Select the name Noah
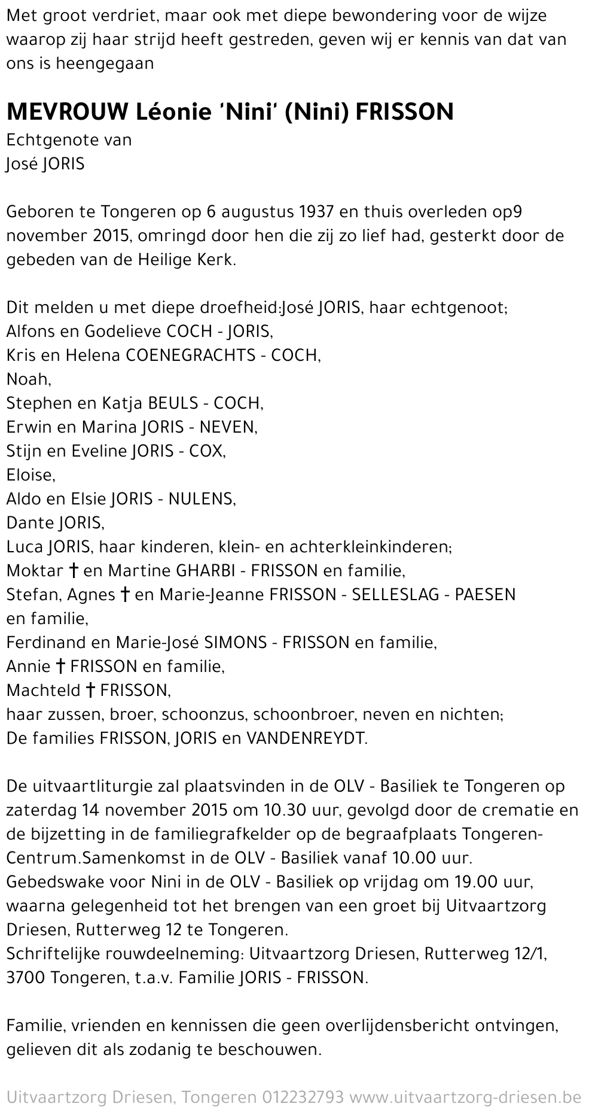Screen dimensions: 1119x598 [x=28, y=379]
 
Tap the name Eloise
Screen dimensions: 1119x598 [x=30, y=475]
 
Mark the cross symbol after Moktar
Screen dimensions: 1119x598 [x=73, y=571]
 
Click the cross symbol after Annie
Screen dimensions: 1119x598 [x=60, y=667]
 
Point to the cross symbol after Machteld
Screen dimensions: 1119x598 [x=90, y=691]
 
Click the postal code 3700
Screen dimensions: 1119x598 [x=26, y=978]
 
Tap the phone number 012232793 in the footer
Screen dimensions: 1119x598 [x=303, y=1097]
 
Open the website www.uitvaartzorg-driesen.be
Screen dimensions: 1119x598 [x=465, y=1097]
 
